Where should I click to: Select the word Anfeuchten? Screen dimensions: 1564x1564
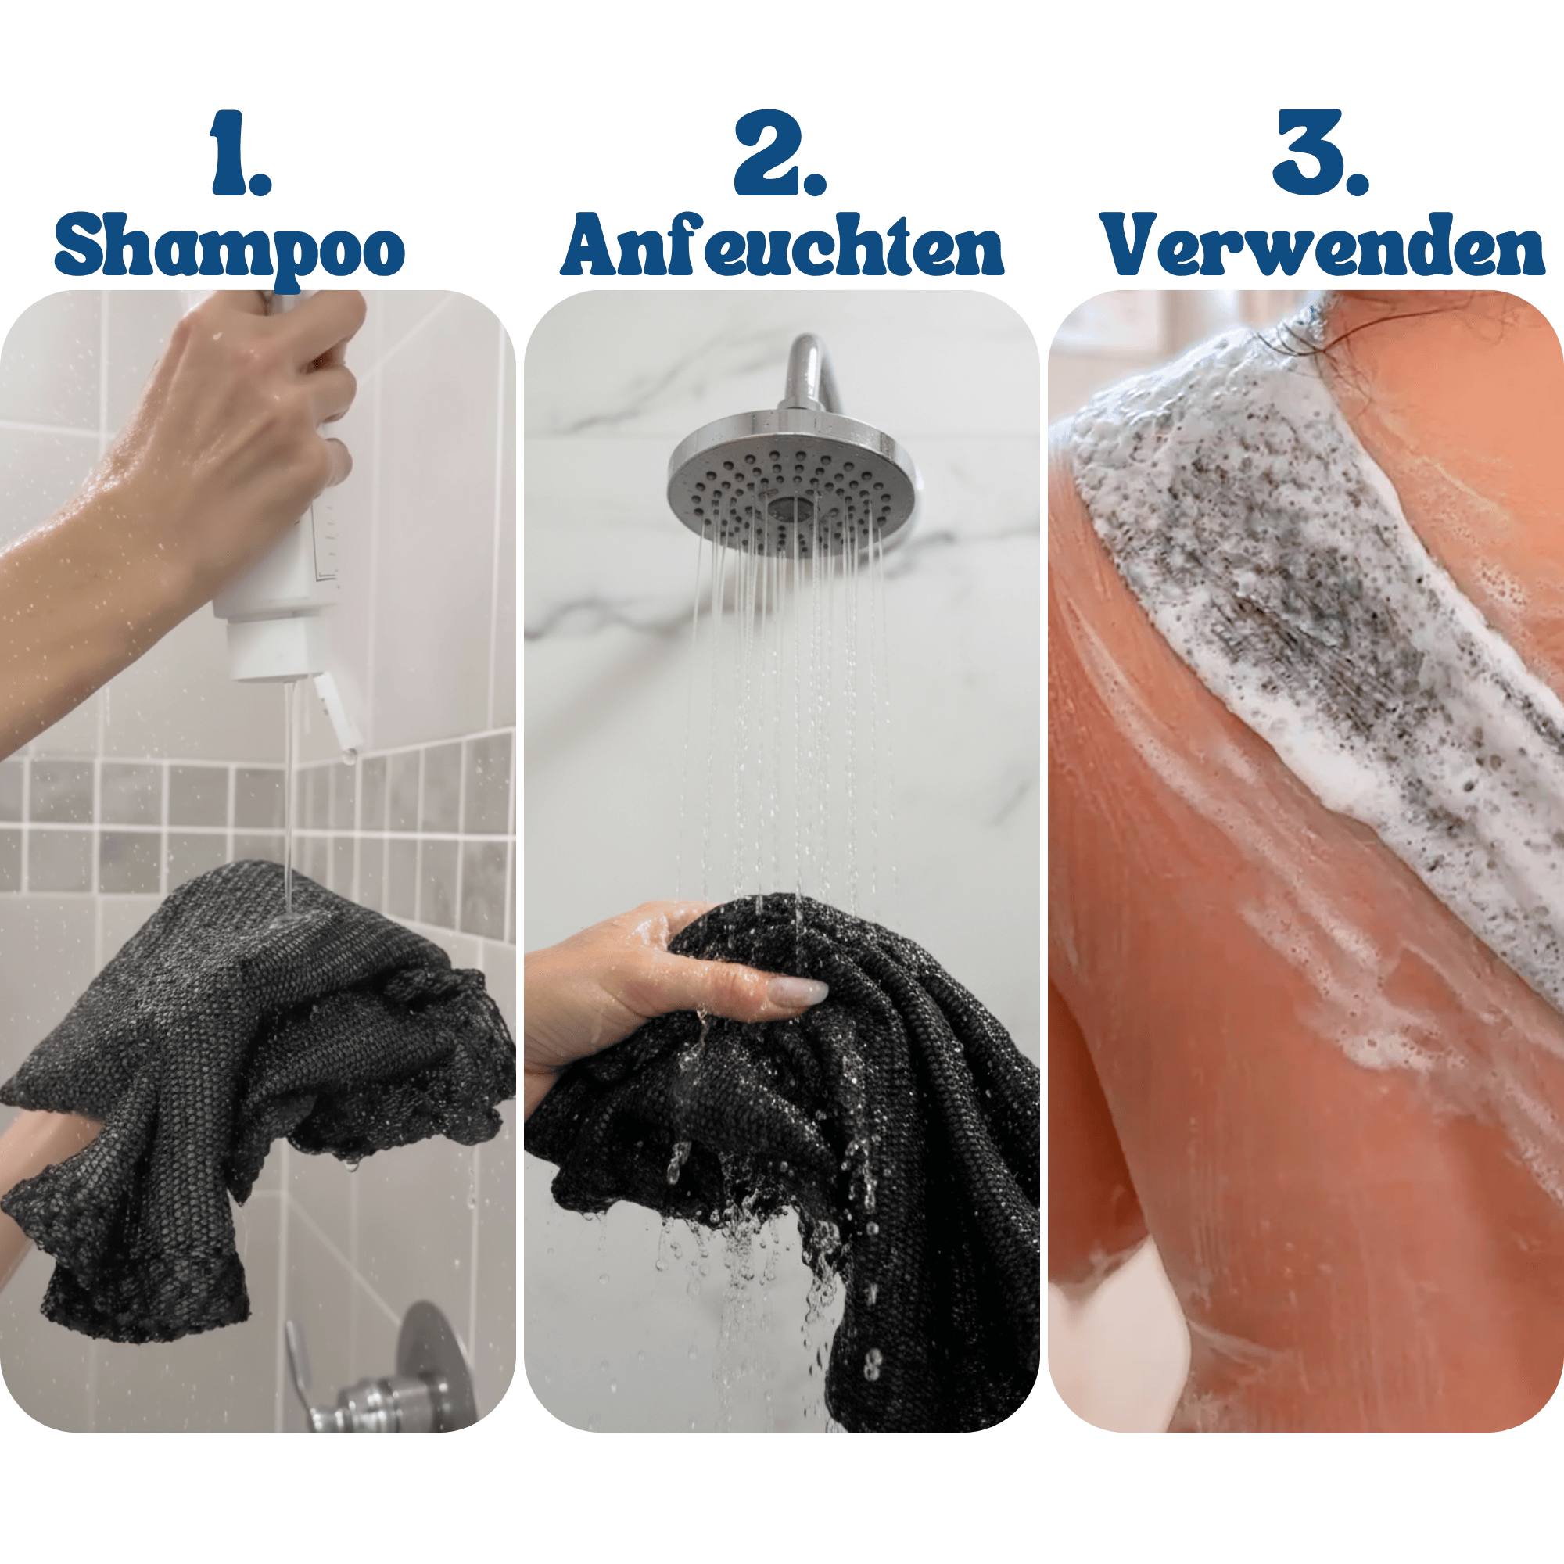point(782,245)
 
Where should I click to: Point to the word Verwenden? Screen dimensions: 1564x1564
point(1323,245)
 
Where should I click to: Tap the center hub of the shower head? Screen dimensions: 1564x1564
point(789,508)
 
